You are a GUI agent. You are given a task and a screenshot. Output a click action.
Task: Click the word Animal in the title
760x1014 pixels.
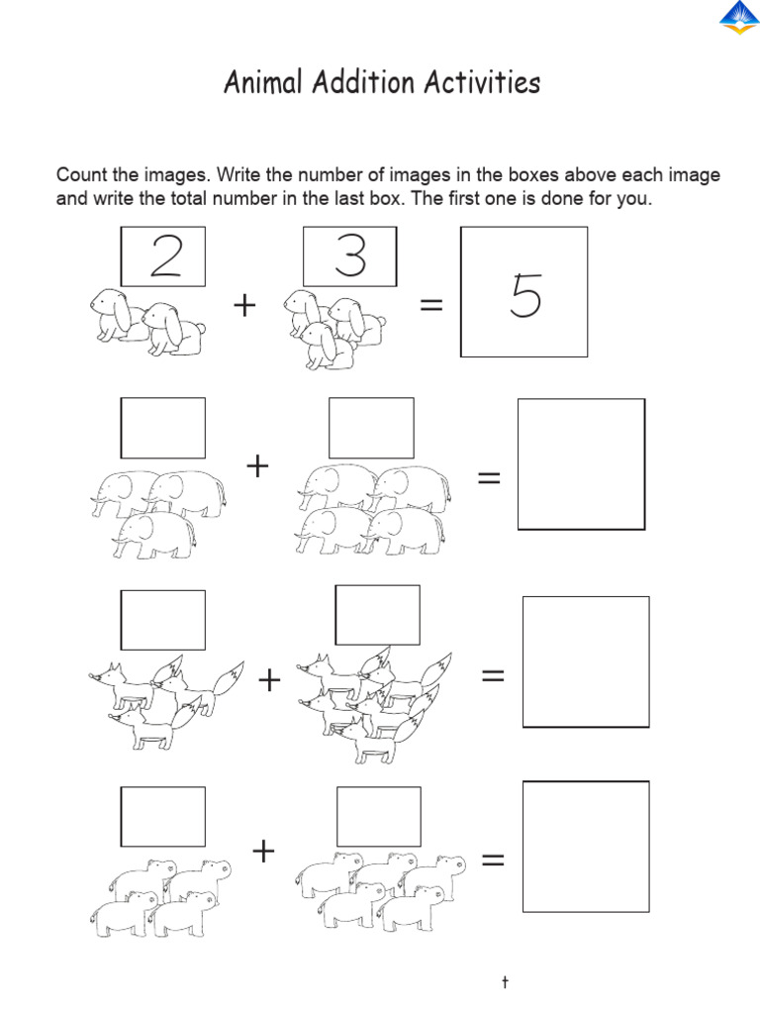point(262,83)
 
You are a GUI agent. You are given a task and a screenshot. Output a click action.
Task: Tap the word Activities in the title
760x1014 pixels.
point(482,83)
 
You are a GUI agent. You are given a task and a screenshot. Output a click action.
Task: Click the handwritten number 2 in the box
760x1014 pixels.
point(163,257)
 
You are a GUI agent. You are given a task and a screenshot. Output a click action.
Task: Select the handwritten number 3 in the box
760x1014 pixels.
point(349,256)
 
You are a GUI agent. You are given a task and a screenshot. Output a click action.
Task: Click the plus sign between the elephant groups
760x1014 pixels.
point(258,466)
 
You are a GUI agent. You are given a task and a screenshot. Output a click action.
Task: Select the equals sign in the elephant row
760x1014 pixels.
point(489,478)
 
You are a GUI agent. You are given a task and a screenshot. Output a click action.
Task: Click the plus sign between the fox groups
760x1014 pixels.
point(268,680)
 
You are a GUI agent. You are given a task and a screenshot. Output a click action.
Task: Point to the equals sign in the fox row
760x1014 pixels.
point(493,676)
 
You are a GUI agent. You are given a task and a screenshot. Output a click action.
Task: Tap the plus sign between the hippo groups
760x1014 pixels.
point(262,850)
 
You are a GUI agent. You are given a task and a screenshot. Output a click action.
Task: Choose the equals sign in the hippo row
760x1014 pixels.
point(493,862)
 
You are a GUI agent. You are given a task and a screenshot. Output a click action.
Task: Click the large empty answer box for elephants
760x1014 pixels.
point(581,464)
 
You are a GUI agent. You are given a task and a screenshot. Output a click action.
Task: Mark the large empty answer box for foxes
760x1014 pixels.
point(586,661)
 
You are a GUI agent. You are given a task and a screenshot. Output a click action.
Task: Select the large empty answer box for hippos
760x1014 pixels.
point(586,847)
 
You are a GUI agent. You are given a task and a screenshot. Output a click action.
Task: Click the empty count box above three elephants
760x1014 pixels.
point(163,428)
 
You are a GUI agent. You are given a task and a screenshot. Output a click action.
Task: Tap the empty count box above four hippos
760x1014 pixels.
point(163,817)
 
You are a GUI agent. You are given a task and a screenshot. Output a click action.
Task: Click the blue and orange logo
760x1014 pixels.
point(737,19)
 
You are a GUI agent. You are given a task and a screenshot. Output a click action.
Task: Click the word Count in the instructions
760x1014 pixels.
point(80,176)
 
